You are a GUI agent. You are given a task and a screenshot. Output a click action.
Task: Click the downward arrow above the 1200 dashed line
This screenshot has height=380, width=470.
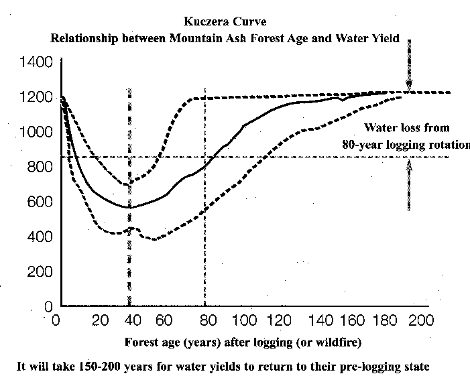[x=408, y=67]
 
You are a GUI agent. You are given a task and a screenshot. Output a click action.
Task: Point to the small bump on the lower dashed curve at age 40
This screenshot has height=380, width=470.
[x=135, y=229]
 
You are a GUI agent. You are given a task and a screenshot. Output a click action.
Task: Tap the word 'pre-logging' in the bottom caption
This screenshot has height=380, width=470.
[x=375, y=367]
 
